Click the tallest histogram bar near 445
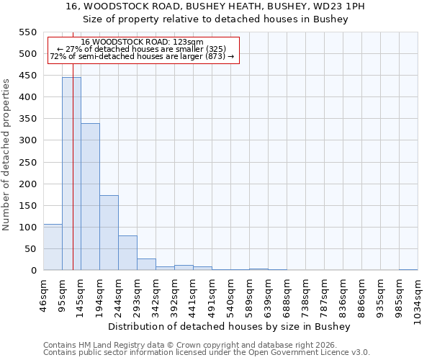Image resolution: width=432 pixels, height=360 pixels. pos(71,174)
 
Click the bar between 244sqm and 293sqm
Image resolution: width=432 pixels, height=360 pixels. pos(127,253)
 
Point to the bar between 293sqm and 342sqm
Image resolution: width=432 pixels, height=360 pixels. pos(146,264)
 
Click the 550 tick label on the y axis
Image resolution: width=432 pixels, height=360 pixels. pos(27,32)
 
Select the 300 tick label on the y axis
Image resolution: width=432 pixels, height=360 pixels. pos(27,140)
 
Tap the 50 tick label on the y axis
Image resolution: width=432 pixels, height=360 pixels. pos(30,248)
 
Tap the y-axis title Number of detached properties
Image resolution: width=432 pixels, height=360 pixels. pos(7,155)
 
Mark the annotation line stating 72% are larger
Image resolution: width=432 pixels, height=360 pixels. pos(142,56)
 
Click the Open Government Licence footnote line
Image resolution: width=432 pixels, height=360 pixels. pos(207,352)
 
